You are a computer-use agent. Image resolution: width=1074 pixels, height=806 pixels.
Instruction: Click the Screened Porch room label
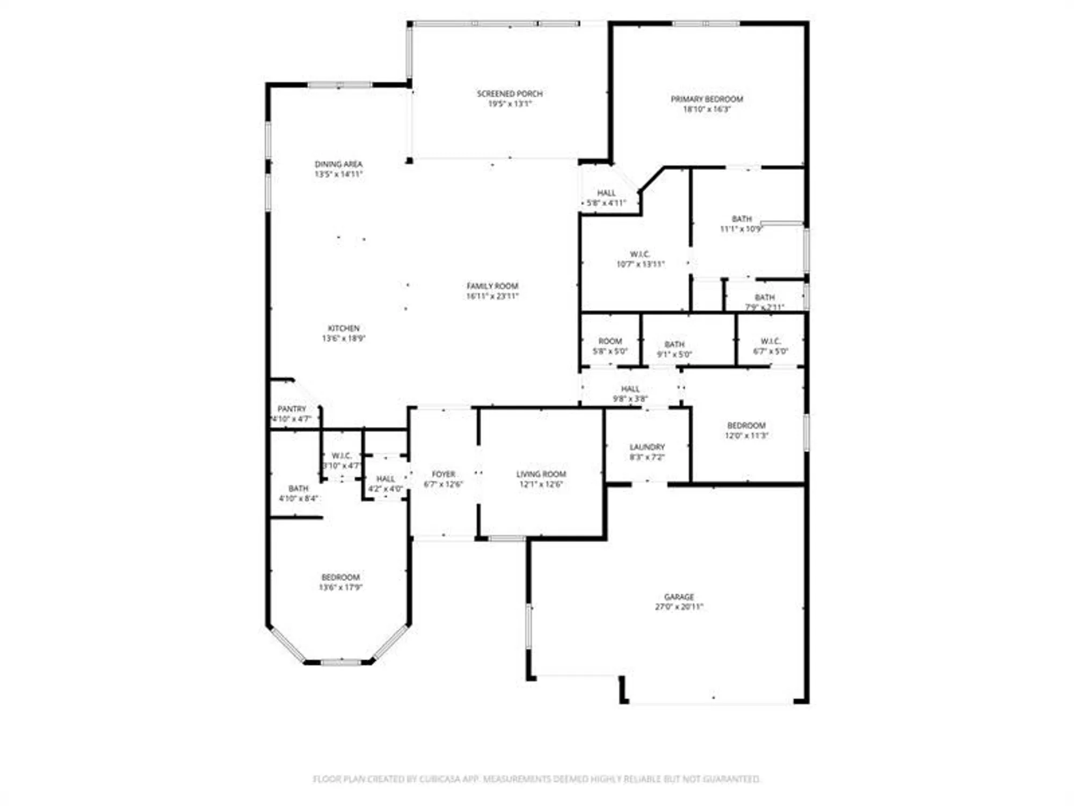tap(510, 93)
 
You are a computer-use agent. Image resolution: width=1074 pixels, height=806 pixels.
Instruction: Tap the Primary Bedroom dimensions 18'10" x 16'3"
tap(707, 109)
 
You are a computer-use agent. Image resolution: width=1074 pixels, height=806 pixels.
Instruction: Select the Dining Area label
tap(338, 164)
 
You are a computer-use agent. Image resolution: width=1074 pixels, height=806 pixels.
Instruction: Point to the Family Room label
tap(492, 286)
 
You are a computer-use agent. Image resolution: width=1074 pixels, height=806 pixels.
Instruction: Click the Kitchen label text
tap(344, 328)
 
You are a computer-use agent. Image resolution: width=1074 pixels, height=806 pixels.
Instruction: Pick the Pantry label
tap(292, 409)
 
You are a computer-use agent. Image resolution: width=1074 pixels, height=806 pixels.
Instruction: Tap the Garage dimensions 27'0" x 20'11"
tap(679, 607)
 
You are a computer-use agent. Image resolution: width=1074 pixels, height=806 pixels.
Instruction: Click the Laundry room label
tap(647, 447)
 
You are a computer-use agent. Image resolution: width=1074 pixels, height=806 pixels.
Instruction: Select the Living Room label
tap(541, 474)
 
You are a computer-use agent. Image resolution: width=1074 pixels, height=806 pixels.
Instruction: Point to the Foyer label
tap(444, 474)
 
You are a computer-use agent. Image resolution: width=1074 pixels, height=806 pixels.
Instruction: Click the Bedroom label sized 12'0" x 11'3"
tap(746, 426)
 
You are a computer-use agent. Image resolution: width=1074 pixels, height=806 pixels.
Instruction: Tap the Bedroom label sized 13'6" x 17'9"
tap(340, 577)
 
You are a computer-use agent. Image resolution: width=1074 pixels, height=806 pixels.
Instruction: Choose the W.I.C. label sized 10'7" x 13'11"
tap(640, 254)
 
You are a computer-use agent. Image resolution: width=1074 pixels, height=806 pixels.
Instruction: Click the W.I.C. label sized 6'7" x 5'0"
tap(771, 341)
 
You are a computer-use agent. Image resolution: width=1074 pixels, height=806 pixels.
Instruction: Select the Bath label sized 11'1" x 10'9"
tap(742, 219)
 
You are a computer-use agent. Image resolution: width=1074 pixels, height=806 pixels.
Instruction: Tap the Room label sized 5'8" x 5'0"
tap(610, 341)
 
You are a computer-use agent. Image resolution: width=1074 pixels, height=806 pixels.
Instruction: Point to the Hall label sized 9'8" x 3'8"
tap(630, 388)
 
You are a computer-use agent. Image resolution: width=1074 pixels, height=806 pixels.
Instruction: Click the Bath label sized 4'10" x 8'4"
tap(299, 488)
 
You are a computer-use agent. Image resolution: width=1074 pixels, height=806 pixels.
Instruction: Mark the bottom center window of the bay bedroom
tap(340, 662)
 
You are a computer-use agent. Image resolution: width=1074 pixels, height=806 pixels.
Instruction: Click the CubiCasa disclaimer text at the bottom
tap(536, 779)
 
